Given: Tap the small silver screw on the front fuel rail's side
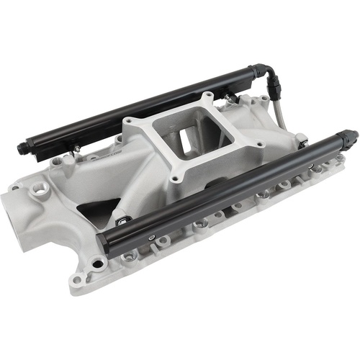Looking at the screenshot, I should pyautogui.click(x=150, y=235).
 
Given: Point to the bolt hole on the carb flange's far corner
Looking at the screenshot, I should pyautogui.click(x=207, y=95).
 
